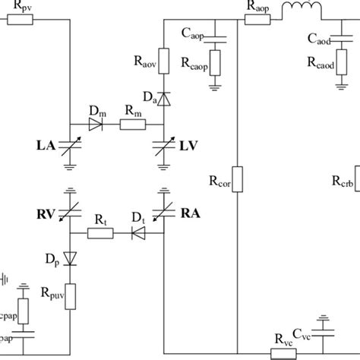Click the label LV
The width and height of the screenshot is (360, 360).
pyautogui.click(x=191, y=144)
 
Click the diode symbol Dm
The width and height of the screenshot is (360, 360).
pyautogui.click(x=94, y=126)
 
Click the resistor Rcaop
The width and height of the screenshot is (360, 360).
pyautogui.click(x=214, y=64)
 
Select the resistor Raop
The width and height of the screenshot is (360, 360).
pyautogui.click(x=258, y=17)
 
